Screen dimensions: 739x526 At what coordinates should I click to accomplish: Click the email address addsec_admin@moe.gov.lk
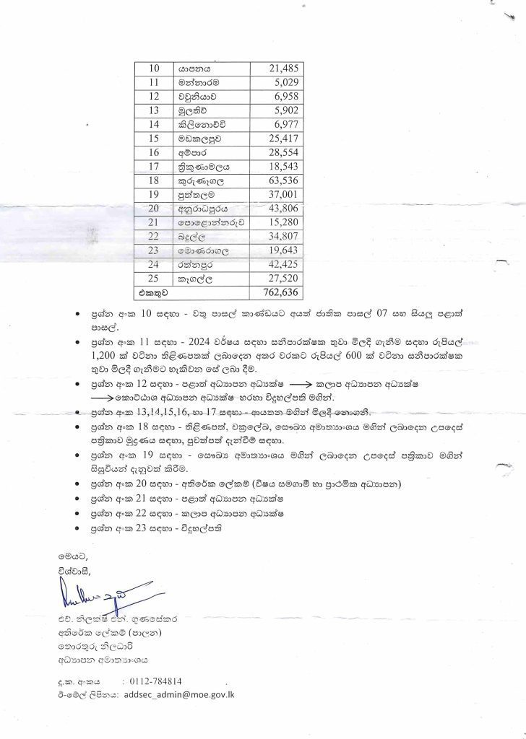pyautogui.click(x=185, y=694)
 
